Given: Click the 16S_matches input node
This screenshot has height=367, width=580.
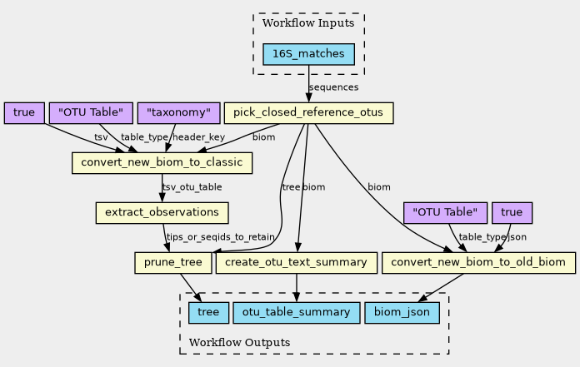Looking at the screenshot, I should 308,55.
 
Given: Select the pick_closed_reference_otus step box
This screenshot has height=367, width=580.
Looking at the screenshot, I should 308,112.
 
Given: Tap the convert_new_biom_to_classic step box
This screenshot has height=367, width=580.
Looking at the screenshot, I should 162,163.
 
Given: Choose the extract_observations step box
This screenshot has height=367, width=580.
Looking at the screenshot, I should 162,213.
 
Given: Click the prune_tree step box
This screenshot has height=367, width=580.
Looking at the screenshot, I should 172,263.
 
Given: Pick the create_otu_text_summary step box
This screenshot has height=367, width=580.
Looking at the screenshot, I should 296,263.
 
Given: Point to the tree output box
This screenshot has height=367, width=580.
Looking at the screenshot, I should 204,313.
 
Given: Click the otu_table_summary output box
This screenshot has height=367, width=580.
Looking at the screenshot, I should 297,313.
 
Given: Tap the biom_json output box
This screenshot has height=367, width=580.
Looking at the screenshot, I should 402,313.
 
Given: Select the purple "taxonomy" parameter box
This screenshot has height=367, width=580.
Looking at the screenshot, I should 178,112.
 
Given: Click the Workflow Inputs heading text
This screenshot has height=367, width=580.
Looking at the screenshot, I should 308,23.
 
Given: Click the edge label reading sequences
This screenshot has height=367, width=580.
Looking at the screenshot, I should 333,87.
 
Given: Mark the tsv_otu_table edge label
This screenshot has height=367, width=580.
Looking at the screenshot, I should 192,187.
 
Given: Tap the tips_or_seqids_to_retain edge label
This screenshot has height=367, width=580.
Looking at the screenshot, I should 220,238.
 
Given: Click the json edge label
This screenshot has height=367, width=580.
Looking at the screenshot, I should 517,237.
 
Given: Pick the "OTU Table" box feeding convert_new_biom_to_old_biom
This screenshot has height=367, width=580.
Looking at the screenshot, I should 445,213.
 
